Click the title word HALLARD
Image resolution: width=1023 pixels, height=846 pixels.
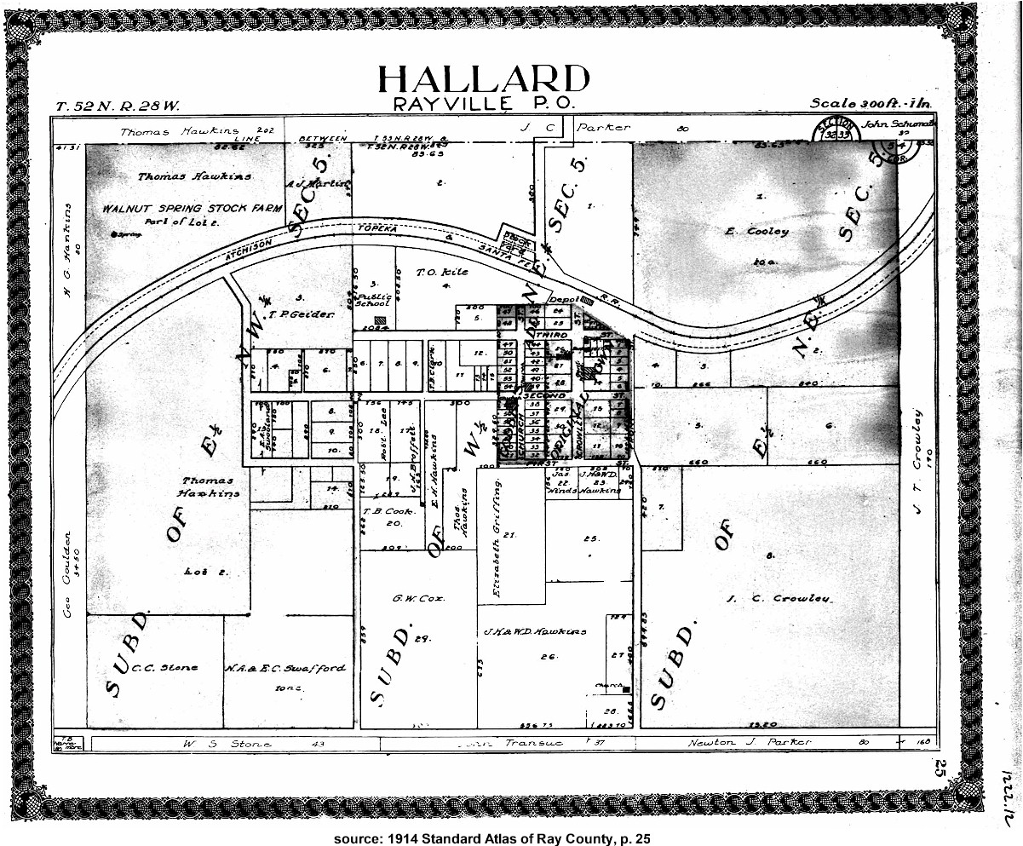pyautogui.click(x=483, y=79)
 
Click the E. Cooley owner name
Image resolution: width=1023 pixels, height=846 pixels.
pyautogui.click(x=756, y=231)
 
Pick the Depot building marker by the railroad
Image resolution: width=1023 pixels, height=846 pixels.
pyautogui.click(x=588, y=300)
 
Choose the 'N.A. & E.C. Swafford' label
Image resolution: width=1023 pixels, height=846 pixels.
pyautogui.click(x=285, y=668)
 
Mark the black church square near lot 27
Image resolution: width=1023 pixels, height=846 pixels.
pyautogui.click(x=626, y=688)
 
